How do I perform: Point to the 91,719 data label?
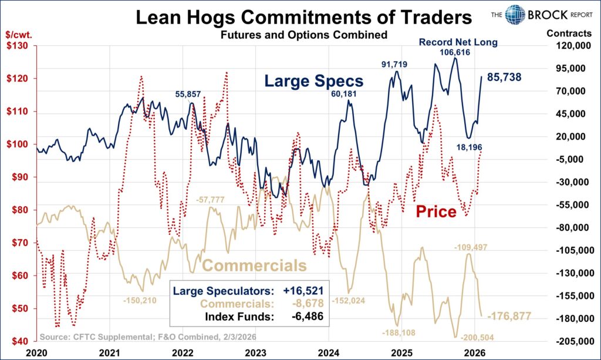point(394,63)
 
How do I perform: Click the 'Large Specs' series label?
point(313,81)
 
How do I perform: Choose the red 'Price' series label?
point(436,211)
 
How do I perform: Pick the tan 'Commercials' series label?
point(254,265)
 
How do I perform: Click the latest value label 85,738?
point(504,77)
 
